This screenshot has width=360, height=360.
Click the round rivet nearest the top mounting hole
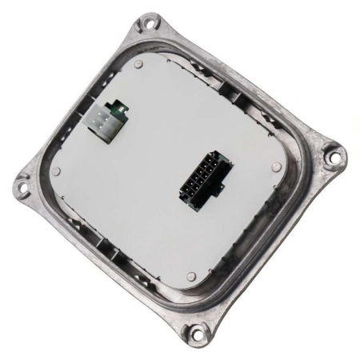139,62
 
